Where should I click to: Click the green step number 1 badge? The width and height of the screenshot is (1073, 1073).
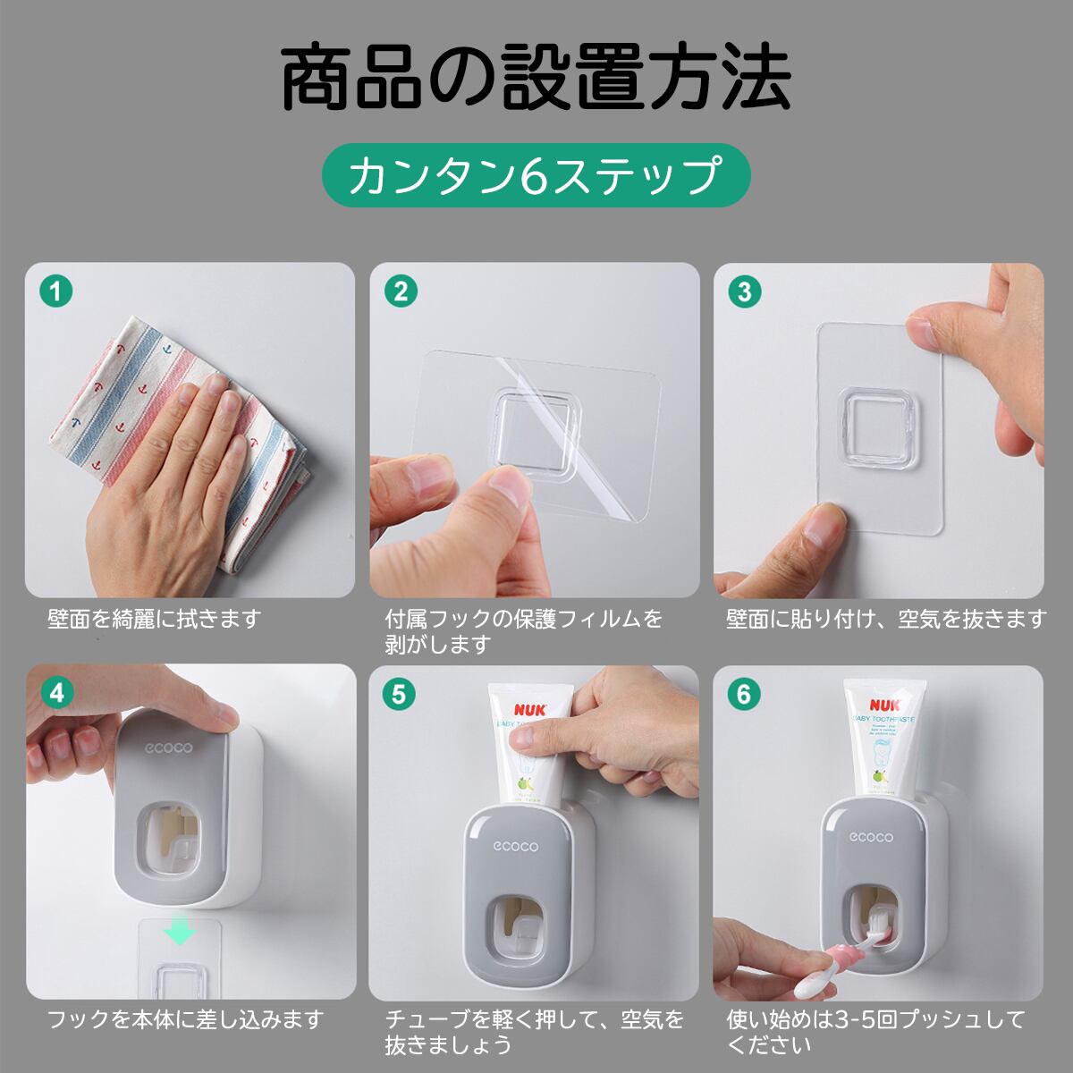click(x=55, y=291)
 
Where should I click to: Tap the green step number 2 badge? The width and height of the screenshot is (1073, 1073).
click(x=401, y=291)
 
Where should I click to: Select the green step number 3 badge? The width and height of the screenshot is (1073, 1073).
click(x=745, y=291)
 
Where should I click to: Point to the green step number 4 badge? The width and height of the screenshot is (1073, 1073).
click(x=57, y=693)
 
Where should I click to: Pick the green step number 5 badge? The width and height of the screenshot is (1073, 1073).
click(x=399, y=695)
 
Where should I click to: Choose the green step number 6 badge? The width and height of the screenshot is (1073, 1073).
click(x=743, y=695)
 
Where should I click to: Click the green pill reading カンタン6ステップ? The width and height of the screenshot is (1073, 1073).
click(x=536, y=175)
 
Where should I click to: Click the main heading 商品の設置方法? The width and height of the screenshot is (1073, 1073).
click(x=536, y=77)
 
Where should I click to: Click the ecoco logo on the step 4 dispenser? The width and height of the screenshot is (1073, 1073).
click(x=168, y=748)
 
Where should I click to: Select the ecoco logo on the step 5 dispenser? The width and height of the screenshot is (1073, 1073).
click(x=515, y=847)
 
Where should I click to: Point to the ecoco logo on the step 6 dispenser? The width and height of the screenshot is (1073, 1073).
click(x=871, y=838)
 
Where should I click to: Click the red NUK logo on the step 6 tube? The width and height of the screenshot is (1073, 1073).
click(x=885, y=705)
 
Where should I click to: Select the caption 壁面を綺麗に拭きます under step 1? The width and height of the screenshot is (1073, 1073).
click(x=154, y=619)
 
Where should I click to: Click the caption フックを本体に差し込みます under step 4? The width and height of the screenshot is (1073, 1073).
click(x=185, y=1020)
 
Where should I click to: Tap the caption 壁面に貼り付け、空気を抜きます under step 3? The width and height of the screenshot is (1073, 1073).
click(x=886, y=619)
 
